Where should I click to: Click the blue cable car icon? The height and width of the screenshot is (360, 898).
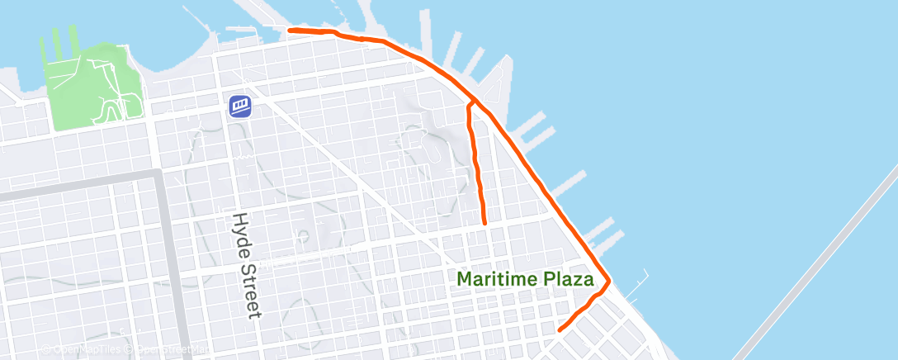point(240,106)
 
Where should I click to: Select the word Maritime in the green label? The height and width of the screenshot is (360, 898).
point(500,279)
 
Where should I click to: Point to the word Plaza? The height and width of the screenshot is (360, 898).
point(570,279)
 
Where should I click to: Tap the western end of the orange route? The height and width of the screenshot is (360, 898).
point(289,31)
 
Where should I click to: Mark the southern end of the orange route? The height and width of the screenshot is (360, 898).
point(560,329)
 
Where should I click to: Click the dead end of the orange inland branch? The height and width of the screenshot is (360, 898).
point(484,223)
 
